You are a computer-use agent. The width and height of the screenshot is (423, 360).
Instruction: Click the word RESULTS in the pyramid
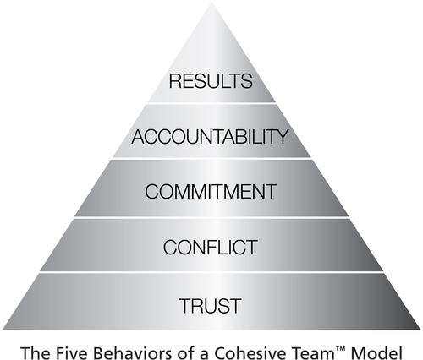click(211, 81)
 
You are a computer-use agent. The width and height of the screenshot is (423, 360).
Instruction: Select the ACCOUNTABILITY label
click(210, 137)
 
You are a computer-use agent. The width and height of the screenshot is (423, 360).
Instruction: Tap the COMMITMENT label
click(211, 192)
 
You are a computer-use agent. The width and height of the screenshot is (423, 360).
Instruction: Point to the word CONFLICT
click(211, 248)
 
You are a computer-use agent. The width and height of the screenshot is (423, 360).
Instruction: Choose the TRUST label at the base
click(211, 306)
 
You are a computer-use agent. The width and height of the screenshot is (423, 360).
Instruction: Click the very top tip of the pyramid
click(211, 3)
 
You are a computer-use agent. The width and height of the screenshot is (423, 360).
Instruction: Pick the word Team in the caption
click(310, 353)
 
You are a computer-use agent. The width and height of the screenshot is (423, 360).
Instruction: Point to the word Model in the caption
click(376, 353)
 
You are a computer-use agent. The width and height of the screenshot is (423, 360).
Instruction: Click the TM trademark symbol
click(340, 349)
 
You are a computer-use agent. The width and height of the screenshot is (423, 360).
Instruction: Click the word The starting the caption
click(36, 353)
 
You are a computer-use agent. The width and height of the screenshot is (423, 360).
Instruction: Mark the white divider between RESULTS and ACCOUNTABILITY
click(211, 103)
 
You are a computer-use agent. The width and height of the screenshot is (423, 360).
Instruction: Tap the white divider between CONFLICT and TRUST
click(211, 272)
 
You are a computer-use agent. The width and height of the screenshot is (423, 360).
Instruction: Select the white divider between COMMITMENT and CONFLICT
click(211, 217)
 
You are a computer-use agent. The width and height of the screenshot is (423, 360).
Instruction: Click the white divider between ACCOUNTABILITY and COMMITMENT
click(211, 159)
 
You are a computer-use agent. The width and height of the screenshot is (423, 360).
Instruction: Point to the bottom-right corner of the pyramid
click(420, 329)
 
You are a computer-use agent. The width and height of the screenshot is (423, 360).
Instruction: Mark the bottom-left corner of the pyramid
click(3, 329)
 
